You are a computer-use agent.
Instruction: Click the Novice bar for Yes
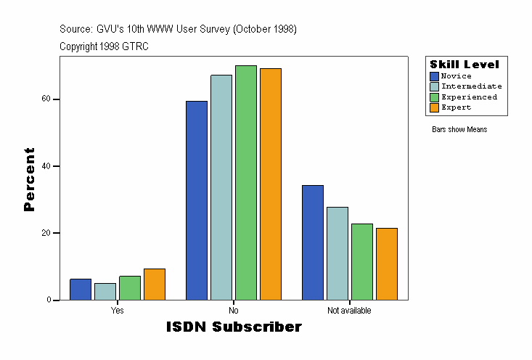pyautogui.click(x=81, y=290)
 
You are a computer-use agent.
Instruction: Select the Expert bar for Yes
pyautogui.click(x=155, y=285)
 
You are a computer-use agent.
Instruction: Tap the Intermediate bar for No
pyautogui.click(x=221, y=187)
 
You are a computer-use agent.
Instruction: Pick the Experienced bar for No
pyautogui.click(x=246, y=183)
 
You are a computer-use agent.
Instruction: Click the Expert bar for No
pyautogui.click(x=271, y=184)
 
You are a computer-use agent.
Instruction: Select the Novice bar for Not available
pyautogui.click(x=313, y=242)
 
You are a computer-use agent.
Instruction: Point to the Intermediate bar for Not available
pyautogui.click(x=337, y=253)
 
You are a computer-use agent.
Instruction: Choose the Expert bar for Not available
pyautogui.click(x=387, y=264)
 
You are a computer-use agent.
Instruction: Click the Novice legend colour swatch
pyautogui.click(x=435, y=76)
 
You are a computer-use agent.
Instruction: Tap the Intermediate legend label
pyautogui.click(x=471, y=86)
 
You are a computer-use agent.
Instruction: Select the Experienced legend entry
pyautogui.click(x=469, y=97)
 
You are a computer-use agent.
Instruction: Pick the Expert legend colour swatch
pyautogui.click(x=435, y=107)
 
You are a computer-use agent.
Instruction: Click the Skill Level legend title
pyautogui.click(x=465, y=65)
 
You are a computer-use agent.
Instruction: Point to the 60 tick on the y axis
pyautogui.click(x=56, y=99)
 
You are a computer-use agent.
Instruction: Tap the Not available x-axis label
pyautogui.click(x=349, y=311)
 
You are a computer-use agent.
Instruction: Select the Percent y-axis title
pyautogui.click(x=29, y=179)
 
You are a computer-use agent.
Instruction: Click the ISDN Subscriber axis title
pyautogui.click(x=234, y=327)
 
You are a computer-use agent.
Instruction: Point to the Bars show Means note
pyautogui.click(x=459, y=130)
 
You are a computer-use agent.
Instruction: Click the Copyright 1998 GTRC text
pyautogui.click(x=105, y=46)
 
